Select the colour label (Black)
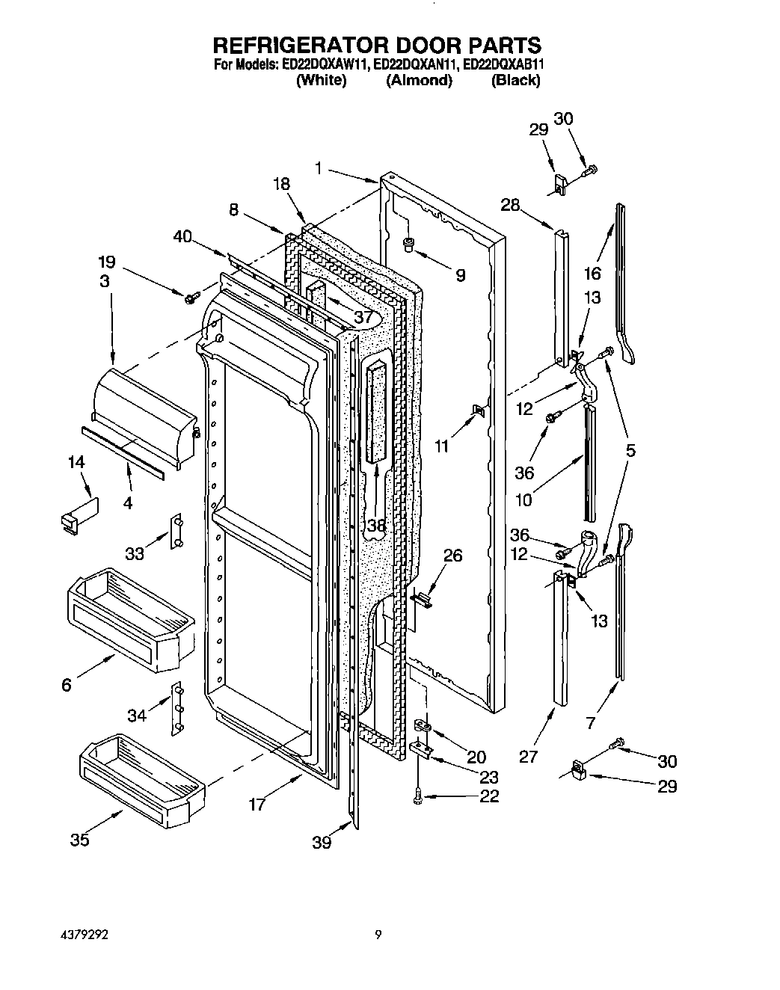point(515,81)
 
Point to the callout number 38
point(376,526)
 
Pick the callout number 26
point(452,556)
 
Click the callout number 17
point(258,805)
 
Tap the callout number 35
point(80,840)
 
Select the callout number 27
point(529,757)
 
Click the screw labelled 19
point(189,298)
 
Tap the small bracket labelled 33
point(178,532)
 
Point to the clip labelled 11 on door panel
point(477,410)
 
